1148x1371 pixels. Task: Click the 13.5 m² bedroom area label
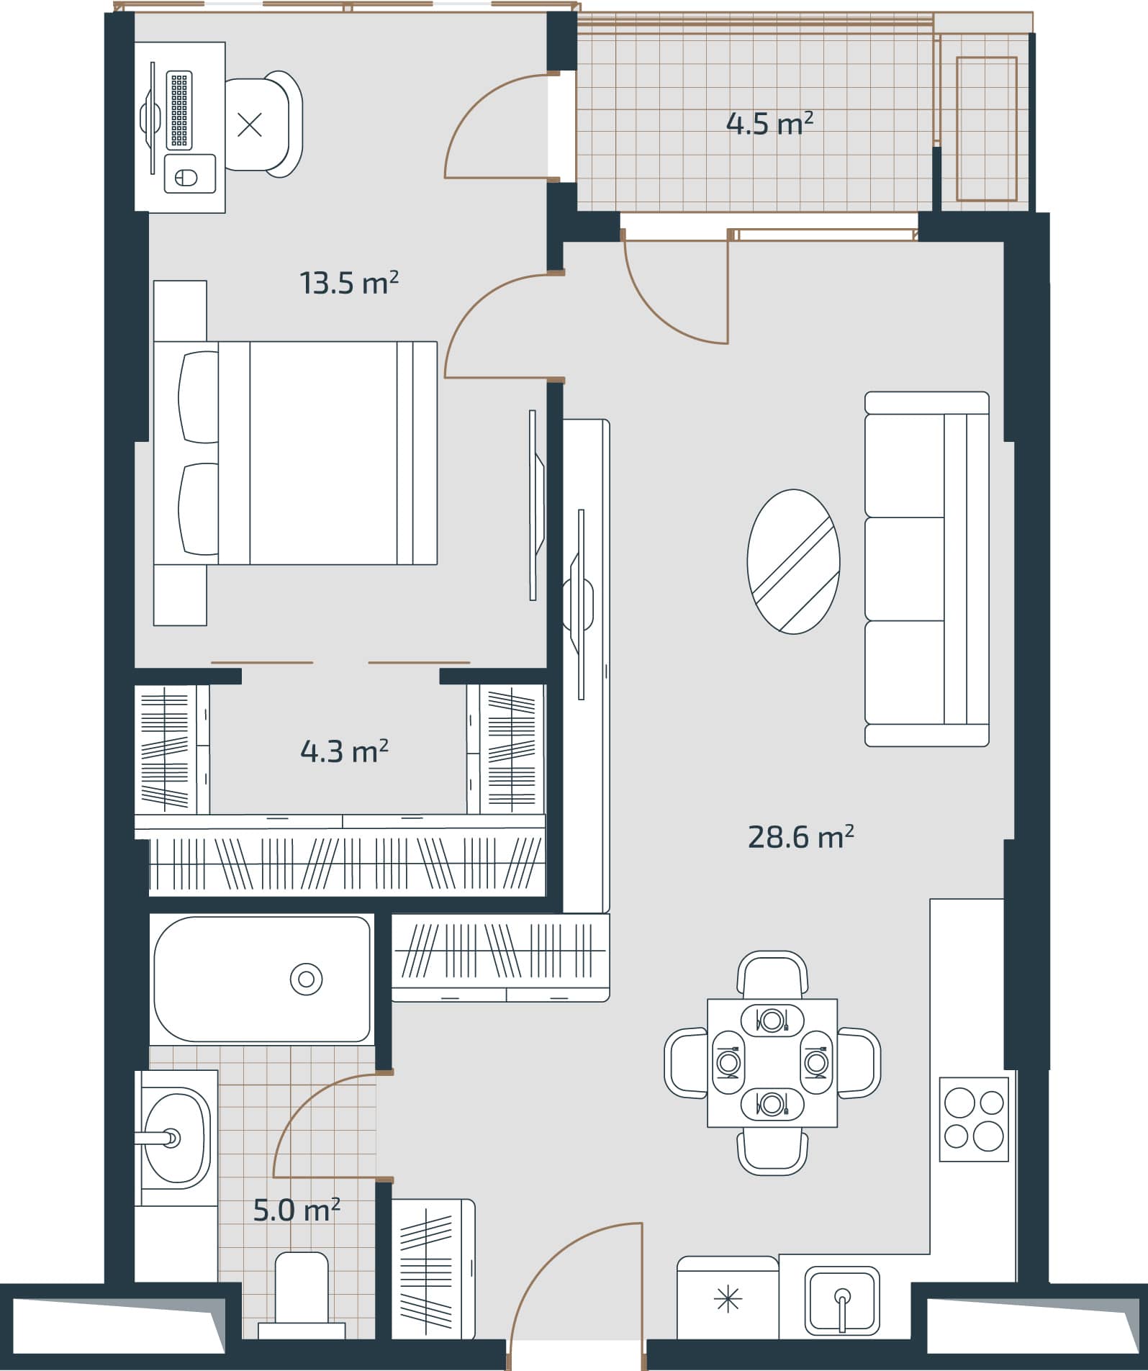click(348, 283)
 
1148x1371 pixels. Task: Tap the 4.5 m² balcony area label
click(769, 124)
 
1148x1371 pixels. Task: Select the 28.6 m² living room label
click(800, 837)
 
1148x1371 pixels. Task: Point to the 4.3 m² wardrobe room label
click(344, 751)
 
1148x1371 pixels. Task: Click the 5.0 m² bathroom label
click(296, 1211)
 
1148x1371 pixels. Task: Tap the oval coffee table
click(793, 561)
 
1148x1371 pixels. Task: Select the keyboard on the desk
click(179, 110)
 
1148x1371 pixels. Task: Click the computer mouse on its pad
click(187, 176)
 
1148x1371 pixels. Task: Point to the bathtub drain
click(306, 979)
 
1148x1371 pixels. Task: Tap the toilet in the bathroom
click(302, 1292)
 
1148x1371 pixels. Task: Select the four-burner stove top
click(973, 1120)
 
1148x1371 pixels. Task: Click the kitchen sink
click(841, 1299)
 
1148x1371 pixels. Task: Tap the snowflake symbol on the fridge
click(728, 1300)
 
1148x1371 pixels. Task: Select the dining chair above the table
click(772, 975)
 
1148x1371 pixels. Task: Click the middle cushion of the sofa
click(904, 569)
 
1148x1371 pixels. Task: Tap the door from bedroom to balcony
click(497, 126)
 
